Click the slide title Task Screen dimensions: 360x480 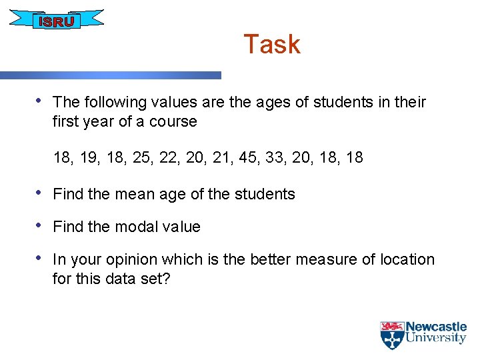tap(272, 45)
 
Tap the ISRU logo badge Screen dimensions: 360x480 tap(56, 21)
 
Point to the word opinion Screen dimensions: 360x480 tap(139, 260)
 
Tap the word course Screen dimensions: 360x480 tap(175, 122)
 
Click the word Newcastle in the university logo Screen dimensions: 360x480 tap(437, 327)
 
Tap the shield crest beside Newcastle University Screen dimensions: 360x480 tap(391, 335)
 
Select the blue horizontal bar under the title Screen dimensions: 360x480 tap(110, 75)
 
